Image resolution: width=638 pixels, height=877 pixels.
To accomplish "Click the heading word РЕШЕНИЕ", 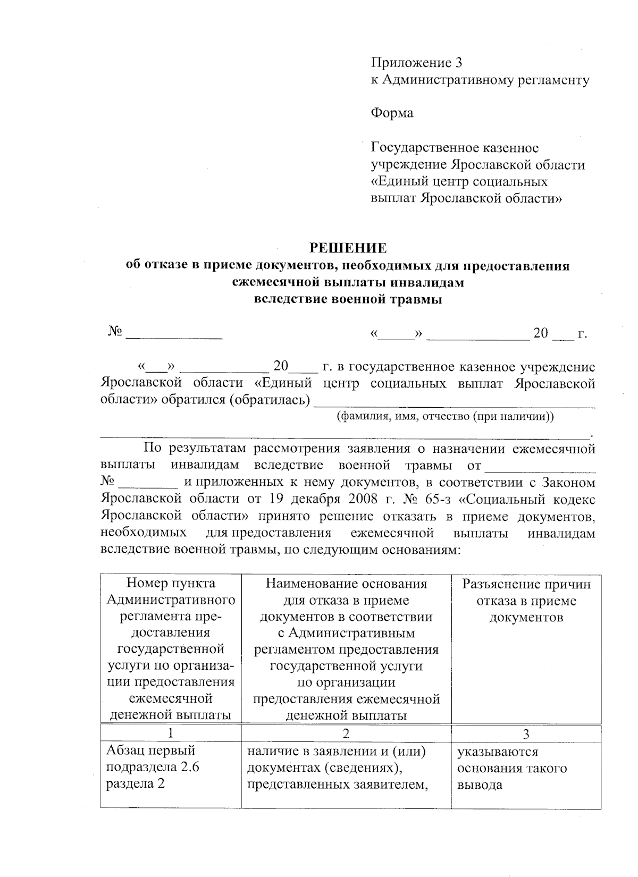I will (x=348, y=248).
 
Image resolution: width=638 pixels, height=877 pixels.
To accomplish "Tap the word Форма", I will (x=392, y=113).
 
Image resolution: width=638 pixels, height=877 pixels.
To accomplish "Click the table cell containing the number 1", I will (x=170, y=734).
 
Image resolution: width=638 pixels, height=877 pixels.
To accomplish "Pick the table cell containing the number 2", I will (x=346, y=734).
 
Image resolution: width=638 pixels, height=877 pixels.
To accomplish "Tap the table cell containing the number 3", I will (x=526, y=734).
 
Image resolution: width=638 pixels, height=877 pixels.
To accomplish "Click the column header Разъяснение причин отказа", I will (x=526, y=601).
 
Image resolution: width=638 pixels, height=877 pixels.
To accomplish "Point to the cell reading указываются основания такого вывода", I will (x=511, y=768).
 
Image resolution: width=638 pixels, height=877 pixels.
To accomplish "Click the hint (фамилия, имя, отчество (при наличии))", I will (x=446, y=416).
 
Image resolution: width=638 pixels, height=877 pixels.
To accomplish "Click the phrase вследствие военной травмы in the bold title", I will (x=348, y=299).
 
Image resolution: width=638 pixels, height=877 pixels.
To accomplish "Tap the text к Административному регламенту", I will (x=480, y=80).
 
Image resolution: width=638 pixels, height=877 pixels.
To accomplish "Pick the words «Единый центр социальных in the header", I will (x=459, y=182).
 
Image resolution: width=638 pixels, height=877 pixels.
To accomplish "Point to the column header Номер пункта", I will (x=171, y=584).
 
